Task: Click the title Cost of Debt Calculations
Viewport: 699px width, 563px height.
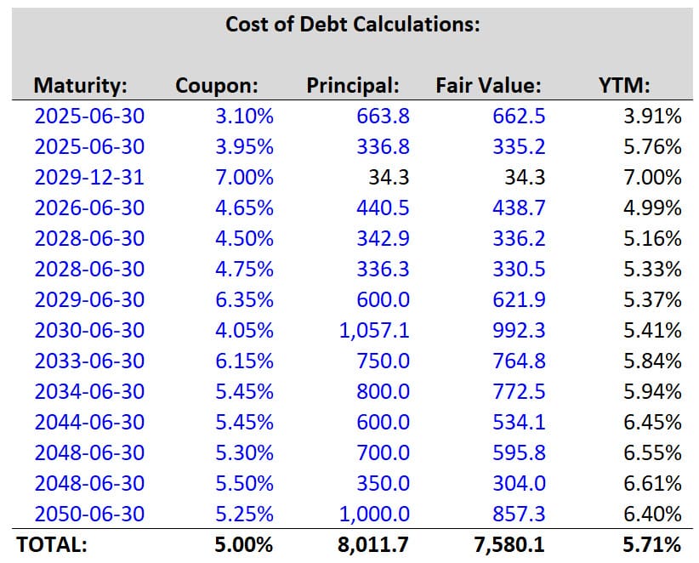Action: (353, 24)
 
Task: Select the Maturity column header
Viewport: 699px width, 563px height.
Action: (80, 85)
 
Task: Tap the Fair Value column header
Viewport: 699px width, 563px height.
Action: (488, 85)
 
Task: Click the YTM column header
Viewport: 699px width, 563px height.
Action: (624, 85)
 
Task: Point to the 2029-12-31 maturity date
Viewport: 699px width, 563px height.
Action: (89, 178)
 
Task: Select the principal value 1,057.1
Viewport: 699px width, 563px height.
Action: (374, 330)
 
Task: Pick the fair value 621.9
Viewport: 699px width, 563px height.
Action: (519, 299)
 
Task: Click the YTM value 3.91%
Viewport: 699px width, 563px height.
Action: (652, 117)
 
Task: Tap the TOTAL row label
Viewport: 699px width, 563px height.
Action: (52, 545)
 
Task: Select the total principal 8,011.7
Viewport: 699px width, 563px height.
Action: (373, 545)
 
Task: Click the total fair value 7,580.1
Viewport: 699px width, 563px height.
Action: (508, 545)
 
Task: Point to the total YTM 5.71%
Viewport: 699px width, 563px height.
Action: (652, 545)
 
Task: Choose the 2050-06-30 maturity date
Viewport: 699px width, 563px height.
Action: (89, 514)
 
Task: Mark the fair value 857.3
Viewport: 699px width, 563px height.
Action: (519, 514)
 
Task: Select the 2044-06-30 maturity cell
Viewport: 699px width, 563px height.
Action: (89, 422)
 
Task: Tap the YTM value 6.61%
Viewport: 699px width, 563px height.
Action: (652, 483)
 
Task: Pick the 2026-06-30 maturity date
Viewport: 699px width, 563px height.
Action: (89, 208)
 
